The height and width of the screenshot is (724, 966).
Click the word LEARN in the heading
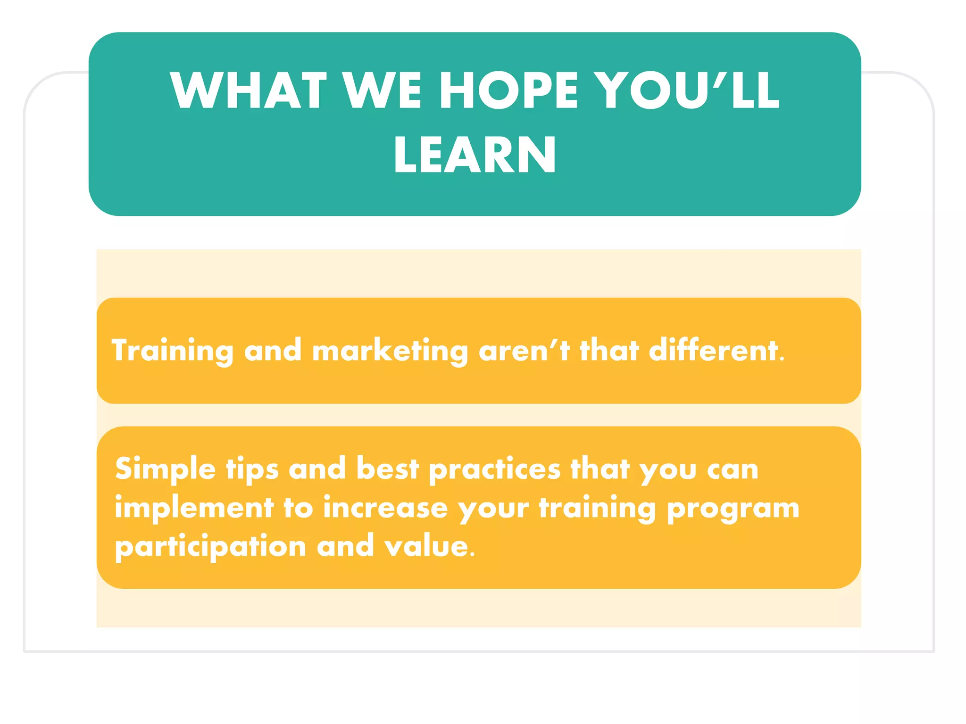[475, 155]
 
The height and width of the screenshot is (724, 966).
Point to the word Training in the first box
[173, 351]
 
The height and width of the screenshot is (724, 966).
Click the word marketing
[390, 351]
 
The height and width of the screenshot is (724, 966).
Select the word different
[716, 351]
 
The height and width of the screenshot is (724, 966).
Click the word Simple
[165, 469]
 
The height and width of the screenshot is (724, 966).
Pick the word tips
[252, 469]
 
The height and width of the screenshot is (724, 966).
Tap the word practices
[495, 469]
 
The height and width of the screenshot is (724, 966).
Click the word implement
[194, 508]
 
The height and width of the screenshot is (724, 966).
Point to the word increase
[385, 508]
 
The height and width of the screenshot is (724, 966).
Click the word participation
[210, 547]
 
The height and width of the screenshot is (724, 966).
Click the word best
[388, 469]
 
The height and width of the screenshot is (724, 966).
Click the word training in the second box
[598, 508]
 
